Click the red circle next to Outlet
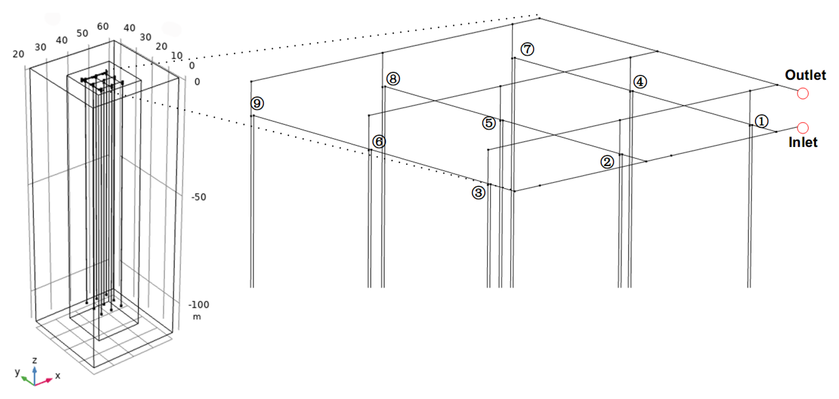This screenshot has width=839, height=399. (x=803, y=94)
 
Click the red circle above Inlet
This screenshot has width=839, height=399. (x=803, y=128)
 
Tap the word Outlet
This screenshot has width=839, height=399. (x=805, y=75)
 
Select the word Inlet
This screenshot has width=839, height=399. (x=803, y=142)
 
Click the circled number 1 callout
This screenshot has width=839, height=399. (x=761, y=121)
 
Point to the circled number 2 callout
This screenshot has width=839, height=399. (x=607, y=162)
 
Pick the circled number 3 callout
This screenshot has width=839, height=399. (x=478, y=193)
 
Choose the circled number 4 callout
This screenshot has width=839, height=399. (x=640, y=82)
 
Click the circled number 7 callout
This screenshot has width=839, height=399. (x=527, y=49)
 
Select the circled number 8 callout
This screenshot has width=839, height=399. (x=393, y=79)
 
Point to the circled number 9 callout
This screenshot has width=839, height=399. (x=257, y=103)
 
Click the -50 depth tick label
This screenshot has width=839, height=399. (x=199, y=197)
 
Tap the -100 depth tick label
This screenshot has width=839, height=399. (x=199, y=305)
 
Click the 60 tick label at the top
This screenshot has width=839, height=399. (x=103, y=26)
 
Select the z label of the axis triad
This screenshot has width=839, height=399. (x=34, y=360)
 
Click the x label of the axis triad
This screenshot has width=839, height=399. (x=58, y=376)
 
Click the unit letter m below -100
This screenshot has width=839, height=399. (x=197, y=317)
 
